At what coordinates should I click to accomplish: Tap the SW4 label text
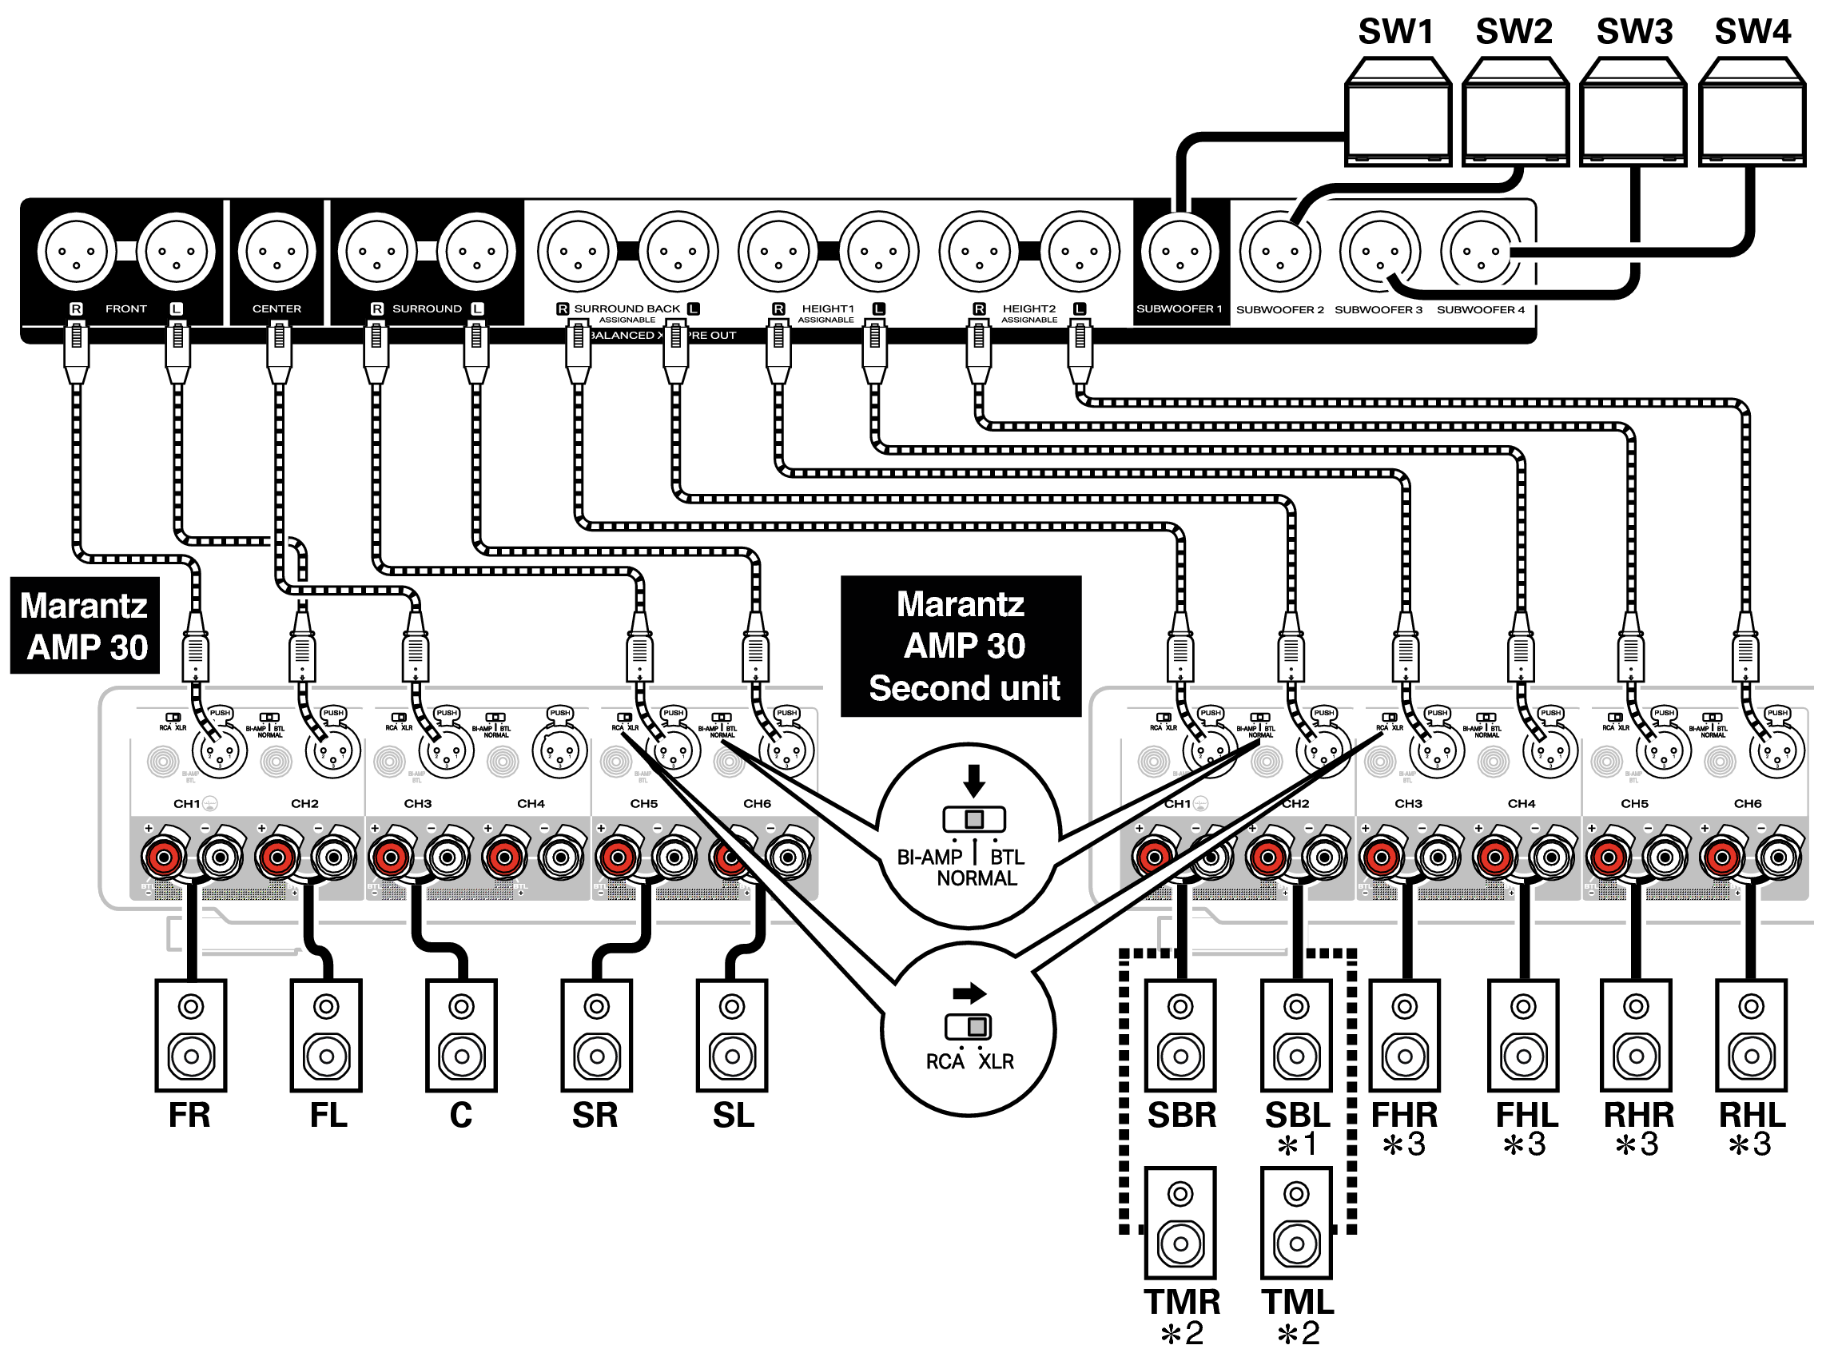(x=1752, y=32)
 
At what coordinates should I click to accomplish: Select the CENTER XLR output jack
(x=276, y=251)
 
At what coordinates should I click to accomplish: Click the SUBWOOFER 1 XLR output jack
(x=1180, y=251)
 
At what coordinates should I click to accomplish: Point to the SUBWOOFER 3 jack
(x=1379, y=251)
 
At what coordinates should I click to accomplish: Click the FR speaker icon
(x=191, y=1035)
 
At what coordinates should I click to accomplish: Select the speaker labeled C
(x=461, y=1035)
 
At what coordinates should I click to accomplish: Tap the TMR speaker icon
(x=1180, y=1222)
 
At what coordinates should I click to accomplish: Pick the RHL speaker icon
(x=1751, y=1035)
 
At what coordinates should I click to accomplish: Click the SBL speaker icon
(x=1296, y=1035)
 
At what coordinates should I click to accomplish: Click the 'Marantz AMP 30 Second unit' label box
(x=961, y=646)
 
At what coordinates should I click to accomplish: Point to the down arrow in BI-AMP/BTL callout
(x=974, y=779)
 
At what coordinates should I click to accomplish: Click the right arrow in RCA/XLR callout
(x=969, y=992)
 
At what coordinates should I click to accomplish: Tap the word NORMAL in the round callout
(x=977, y=878)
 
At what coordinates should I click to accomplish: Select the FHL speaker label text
(x=1526, y=1115)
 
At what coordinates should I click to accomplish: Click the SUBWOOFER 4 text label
(x=1480, y=309)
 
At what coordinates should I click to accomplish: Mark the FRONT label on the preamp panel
(x=125, y=308)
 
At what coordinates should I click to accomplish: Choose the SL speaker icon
(x=732, y=1035)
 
